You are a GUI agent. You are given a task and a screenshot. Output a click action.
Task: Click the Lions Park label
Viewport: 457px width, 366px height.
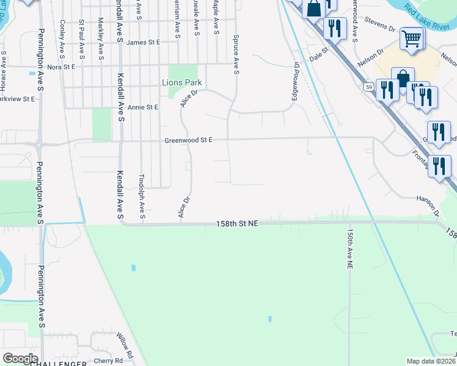coord(181,82)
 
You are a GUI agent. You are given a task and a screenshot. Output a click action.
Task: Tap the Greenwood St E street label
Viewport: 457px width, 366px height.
coord(188,140)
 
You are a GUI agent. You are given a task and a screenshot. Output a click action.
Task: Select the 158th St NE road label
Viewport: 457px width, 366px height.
coord(238,224)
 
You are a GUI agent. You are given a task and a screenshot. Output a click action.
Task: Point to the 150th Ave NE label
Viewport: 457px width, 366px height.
coord(349,249)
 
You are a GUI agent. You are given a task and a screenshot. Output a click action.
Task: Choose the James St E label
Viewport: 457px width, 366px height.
coord(143,43)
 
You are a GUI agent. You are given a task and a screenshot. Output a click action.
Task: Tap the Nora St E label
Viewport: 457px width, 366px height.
coord(61,66)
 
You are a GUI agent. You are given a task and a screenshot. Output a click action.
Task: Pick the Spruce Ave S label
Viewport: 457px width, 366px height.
coord(235,54)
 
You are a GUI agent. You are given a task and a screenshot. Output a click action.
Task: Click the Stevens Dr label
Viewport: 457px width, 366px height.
coord(380,26)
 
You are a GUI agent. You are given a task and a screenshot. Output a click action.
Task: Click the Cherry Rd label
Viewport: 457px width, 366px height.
coord(109,361)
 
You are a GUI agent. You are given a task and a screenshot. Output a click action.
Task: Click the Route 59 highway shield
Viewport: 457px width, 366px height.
coord(368,87)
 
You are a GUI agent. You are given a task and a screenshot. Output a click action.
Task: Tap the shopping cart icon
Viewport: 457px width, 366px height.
coord(412,39)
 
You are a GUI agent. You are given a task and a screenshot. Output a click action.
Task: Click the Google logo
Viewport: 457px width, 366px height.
coord(20,359)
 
